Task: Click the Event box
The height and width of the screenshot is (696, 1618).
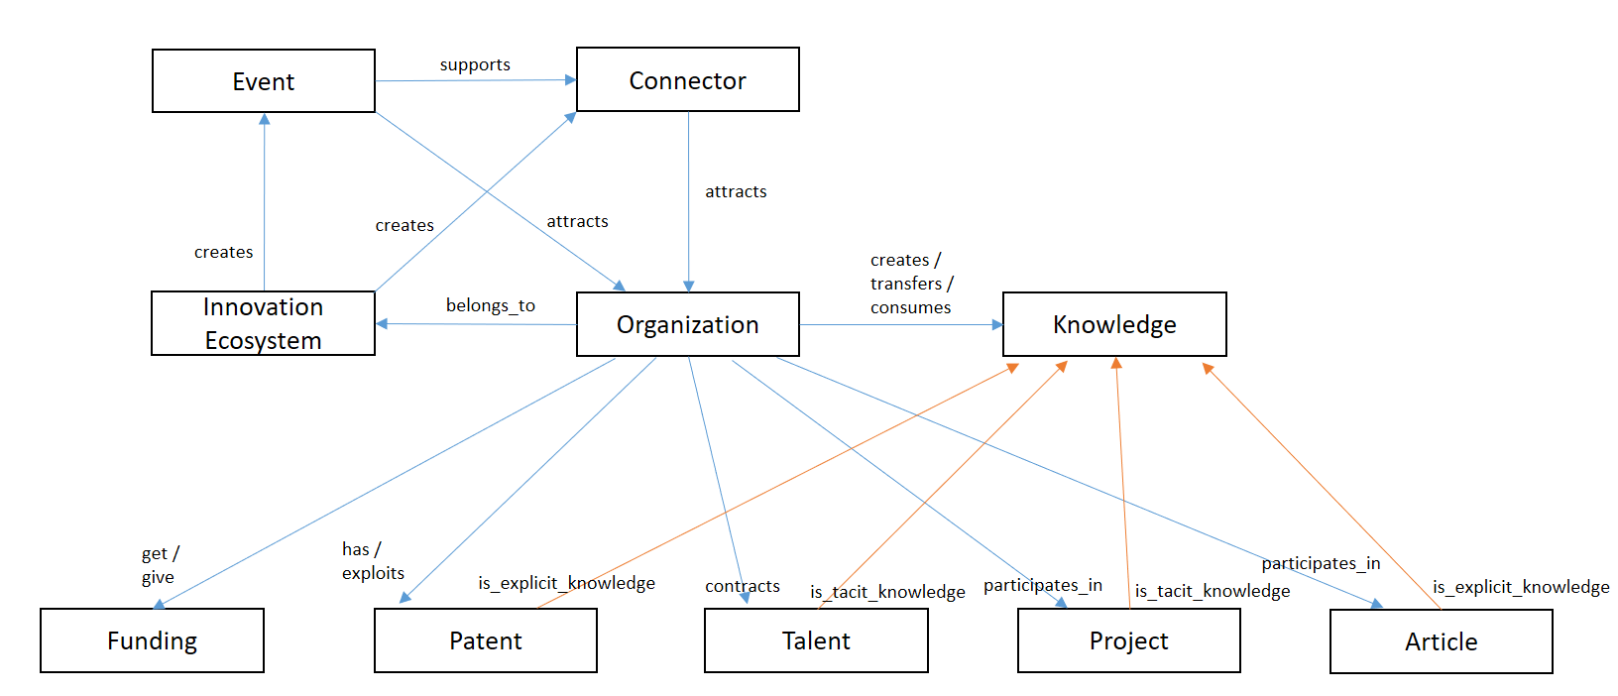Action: click(x=264, y=81)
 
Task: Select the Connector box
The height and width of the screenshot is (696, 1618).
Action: click(x=688, y=79)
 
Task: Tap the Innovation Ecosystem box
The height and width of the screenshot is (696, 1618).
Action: click(x=263, y=323)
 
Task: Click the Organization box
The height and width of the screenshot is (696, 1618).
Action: click(x=688, y=324)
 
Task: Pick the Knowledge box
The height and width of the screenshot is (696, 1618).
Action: click(x=1114, y=324)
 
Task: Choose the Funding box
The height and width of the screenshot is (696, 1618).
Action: click(x=152, y=640)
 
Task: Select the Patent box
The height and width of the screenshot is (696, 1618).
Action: click(x=486, y=640)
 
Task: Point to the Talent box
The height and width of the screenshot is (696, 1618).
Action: click(x=816, y=640)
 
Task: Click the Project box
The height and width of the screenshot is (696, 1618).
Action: click(x=1129, y=640)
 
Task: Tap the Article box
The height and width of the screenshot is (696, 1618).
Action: click(x=1442, y=641)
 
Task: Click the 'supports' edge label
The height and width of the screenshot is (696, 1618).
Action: click(x=475, y=65)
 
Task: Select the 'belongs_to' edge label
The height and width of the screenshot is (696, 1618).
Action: click(x=491, y=305)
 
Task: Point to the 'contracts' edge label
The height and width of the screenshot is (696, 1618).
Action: click(x=743, y=586)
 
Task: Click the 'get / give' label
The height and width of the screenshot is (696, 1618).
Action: click(x=160, y=565)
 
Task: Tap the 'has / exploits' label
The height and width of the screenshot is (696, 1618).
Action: click(x=373, y=561)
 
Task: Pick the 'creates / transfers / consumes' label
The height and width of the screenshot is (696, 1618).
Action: click(x=911, y=284)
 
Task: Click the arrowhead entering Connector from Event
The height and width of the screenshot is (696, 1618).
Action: click(x=570, y=79)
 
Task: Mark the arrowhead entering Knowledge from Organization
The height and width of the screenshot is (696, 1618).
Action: click(x=996, y=325)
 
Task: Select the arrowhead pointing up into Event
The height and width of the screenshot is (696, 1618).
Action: click(x=265, y=119)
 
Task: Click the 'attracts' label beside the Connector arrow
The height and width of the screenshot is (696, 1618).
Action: click(x=736, y=191)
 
